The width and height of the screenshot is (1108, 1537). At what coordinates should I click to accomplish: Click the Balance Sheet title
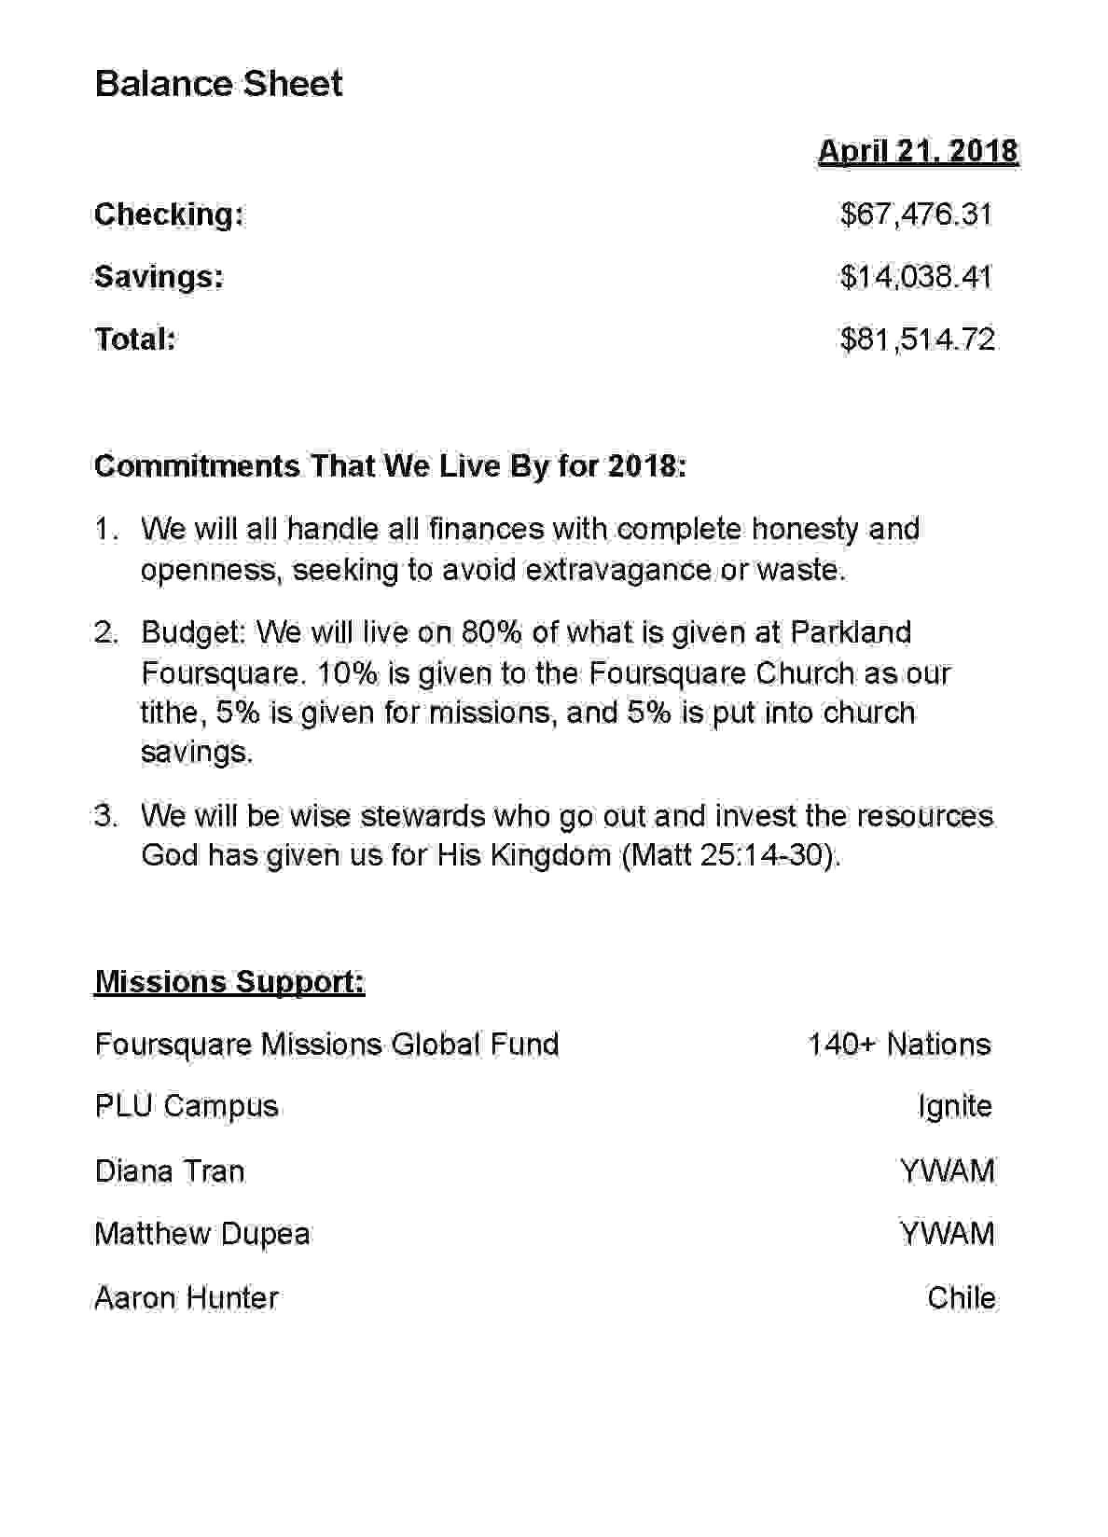coord(218,84)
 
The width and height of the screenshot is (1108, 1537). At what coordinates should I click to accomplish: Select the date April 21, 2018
coord(918,151)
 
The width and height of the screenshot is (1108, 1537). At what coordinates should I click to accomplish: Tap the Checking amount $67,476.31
coord(916,215)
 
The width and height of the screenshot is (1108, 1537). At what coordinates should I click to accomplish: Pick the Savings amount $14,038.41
coord(916,277)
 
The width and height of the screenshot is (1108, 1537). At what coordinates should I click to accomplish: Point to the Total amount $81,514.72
coord(917,339)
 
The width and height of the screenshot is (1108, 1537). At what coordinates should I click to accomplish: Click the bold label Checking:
coord(169,215)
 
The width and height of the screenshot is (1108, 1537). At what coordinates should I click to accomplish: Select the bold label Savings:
coord(159,277)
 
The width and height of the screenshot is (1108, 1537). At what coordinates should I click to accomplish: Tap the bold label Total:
coord(135,339)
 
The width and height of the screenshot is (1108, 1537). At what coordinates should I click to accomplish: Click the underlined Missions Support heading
coord(229,982)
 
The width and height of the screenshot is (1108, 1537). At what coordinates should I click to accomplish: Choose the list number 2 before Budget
coord(105,632)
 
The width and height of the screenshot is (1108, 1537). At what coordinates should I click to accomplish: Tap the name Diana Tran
coord(170,1170)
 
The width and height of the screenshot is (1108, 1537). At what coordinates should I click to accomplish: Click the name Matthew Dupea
coord(202,1234)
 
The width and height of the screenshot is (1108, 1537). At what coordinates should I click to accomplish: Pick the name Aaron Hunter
coord(187,1297)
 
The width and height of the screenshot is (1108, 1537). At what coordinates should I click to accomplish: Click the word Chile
coord(961,1297)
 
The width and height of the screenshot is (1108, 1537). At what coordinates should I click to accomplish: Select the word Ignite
coord(954,1107)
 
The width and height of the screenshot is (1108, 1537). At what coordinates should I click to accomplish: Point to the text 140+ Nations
coord(899,1045)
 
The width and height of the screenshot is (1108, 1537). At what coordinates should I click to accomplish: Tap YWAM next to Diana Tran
coord(947,1170)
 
